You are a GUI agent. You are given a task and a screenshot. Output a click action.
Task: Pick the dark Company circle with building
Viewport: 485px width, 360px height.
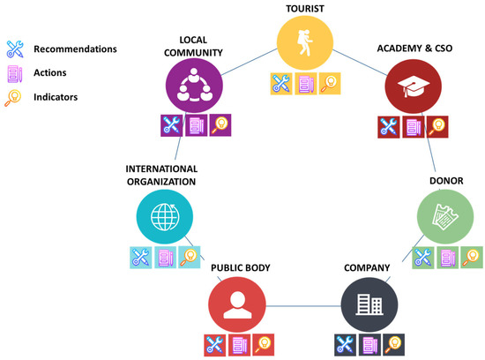[x=368, y=304]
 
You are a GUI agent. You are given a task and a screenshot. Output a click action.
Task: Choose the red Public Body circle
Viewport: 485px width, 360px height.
[x=235, y=304]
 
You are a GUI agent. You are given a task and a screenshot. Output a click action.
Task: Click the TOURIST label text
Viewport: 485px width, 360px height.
[x=304, y=10]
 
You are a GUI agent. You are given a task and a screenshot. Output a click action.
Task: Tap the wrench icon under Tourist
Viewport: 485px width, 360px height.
[x=281, y=84]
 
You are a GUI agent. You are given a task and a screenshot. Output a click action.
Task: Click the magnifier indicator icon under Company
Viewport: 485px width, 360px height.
[x=392, y=345]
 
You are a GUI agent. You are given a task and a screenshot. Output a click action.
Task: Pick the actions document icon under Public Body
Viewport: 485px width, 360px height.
[x=239, y=345]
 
